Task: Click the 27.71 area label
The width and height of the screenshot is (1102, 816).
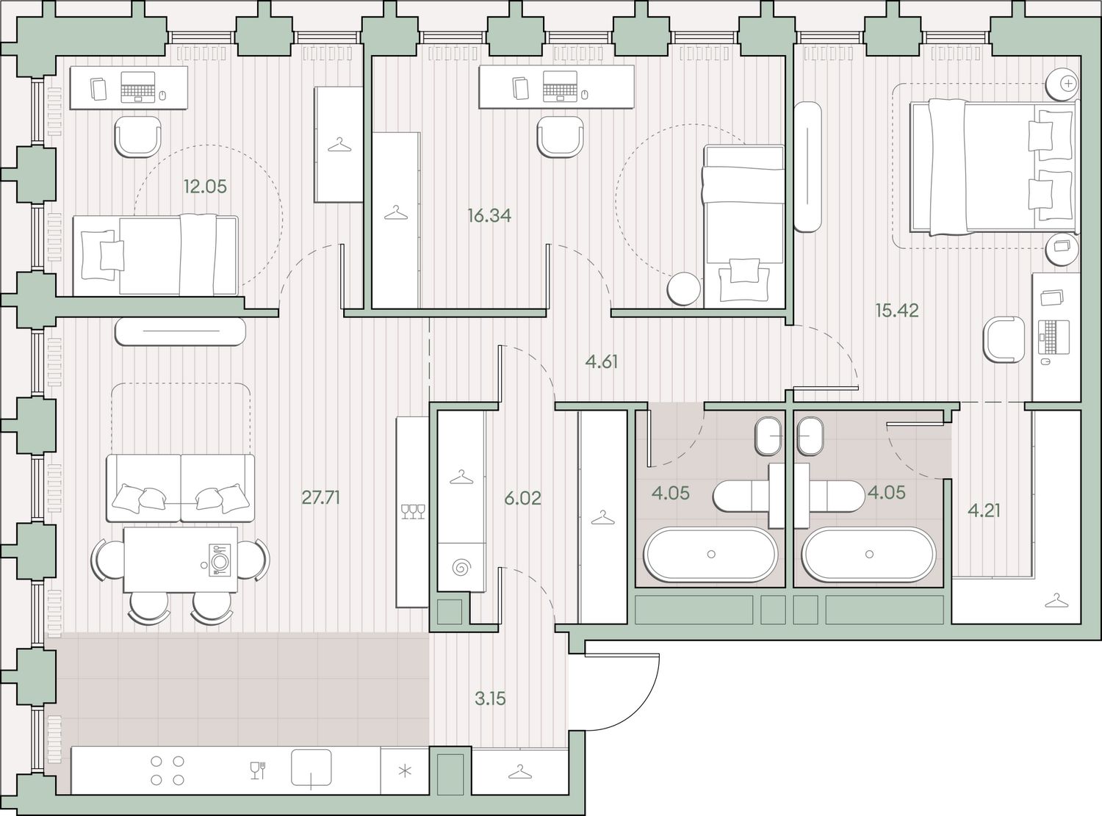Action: [x=321, y=497]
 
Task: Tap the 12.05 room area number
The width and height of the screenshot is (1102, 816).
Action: [x=205, y=187]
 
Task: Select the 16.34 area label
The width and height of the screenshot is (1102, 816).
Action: [x=489, y=215]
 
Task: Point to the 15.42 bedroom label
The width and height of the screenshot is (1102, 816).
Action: [x=897, y=311]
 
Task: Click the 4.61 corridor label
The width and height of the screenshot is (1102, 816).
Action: [x=602, y=361]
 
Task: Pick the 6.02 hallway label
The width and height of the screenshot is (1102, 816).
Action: [x=522, y=498]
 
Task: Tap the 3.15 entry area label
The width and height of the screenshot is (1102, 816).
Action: [x=490, y=698]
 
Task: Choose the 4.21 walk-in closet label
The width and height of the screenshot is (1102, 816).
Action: [x=984, y=510]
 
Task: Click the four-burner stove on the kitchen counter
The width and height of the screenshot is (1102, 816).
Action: [x=168, y=770]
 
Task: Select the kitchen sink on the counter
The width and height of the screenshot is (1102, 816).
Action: [x=311, y=768]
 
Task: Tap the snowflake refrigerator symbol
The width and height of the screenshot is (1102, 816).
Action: [x=405, y=770]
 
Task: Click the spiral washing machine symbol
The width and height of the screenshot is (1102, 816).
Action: [x=461, y=567]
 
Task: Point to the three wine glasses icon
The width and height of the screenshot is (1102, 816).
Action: [x=413, y=511]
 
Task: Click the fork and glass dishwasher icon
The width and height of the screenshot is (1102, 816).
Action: [x=258, y=770]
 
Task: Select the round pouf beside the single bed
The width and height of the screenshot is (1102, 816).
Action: [x=684, y=289]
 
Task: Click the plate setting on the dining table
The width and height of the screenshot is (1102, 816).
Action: [x=219, y=560]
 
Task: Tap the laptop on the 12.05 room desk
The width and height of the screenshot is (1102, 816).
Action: [x=138, y=87]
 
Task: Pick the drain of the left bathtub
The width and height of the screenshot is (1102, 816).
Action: [x=711, y=555]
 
